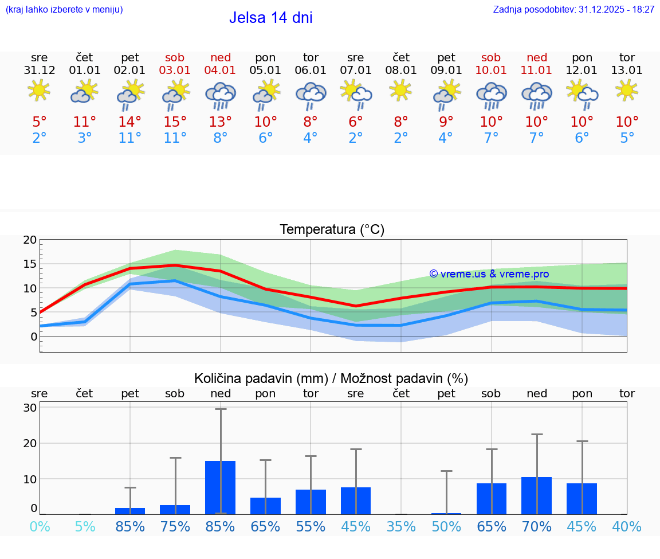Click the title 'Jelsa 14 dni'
[270, 18]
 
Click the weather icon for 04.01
[221, 95]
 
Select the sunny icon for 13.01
[627, 90]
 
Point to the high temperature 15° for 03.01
[175, 122]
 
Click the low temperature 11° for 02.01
[130, 138]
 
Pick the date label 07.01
[356, 71]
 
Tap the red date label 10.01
[491, 71]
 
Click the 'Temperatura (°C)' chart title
[332, 230]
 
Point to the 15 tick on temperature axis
[30, 264]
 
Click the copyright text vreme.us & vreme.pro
[489, 274]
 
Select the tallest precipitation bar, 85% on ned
[221, 487]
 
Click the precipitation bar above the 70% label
[537, 495]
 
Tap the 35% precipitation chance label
[401, 526]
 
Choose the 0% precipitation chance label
[40, 526]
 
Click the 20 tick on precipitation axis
[30, 443]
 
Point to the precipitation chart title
[331, 378]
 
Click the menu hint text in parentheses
[64, 10]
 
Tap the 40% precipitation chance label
[627, 526]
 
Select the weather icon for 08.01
[401, 90]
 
